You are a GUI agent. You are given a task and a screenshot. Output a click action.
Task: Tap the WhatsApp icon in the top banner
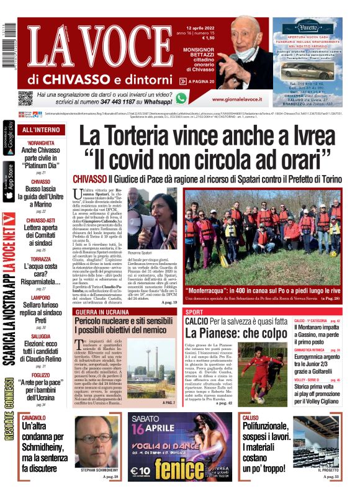[x=181, y=98]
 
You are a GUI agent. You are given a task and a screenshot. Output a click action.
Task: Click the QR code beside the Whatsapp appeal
[x=25, y=98]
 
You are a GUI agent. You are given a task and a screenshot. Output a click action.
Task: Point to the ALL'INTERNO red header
[x=41, y=130]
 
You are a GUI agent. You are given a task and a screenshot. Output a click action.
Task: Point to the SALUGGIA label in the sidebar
[x=41, y=335]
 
